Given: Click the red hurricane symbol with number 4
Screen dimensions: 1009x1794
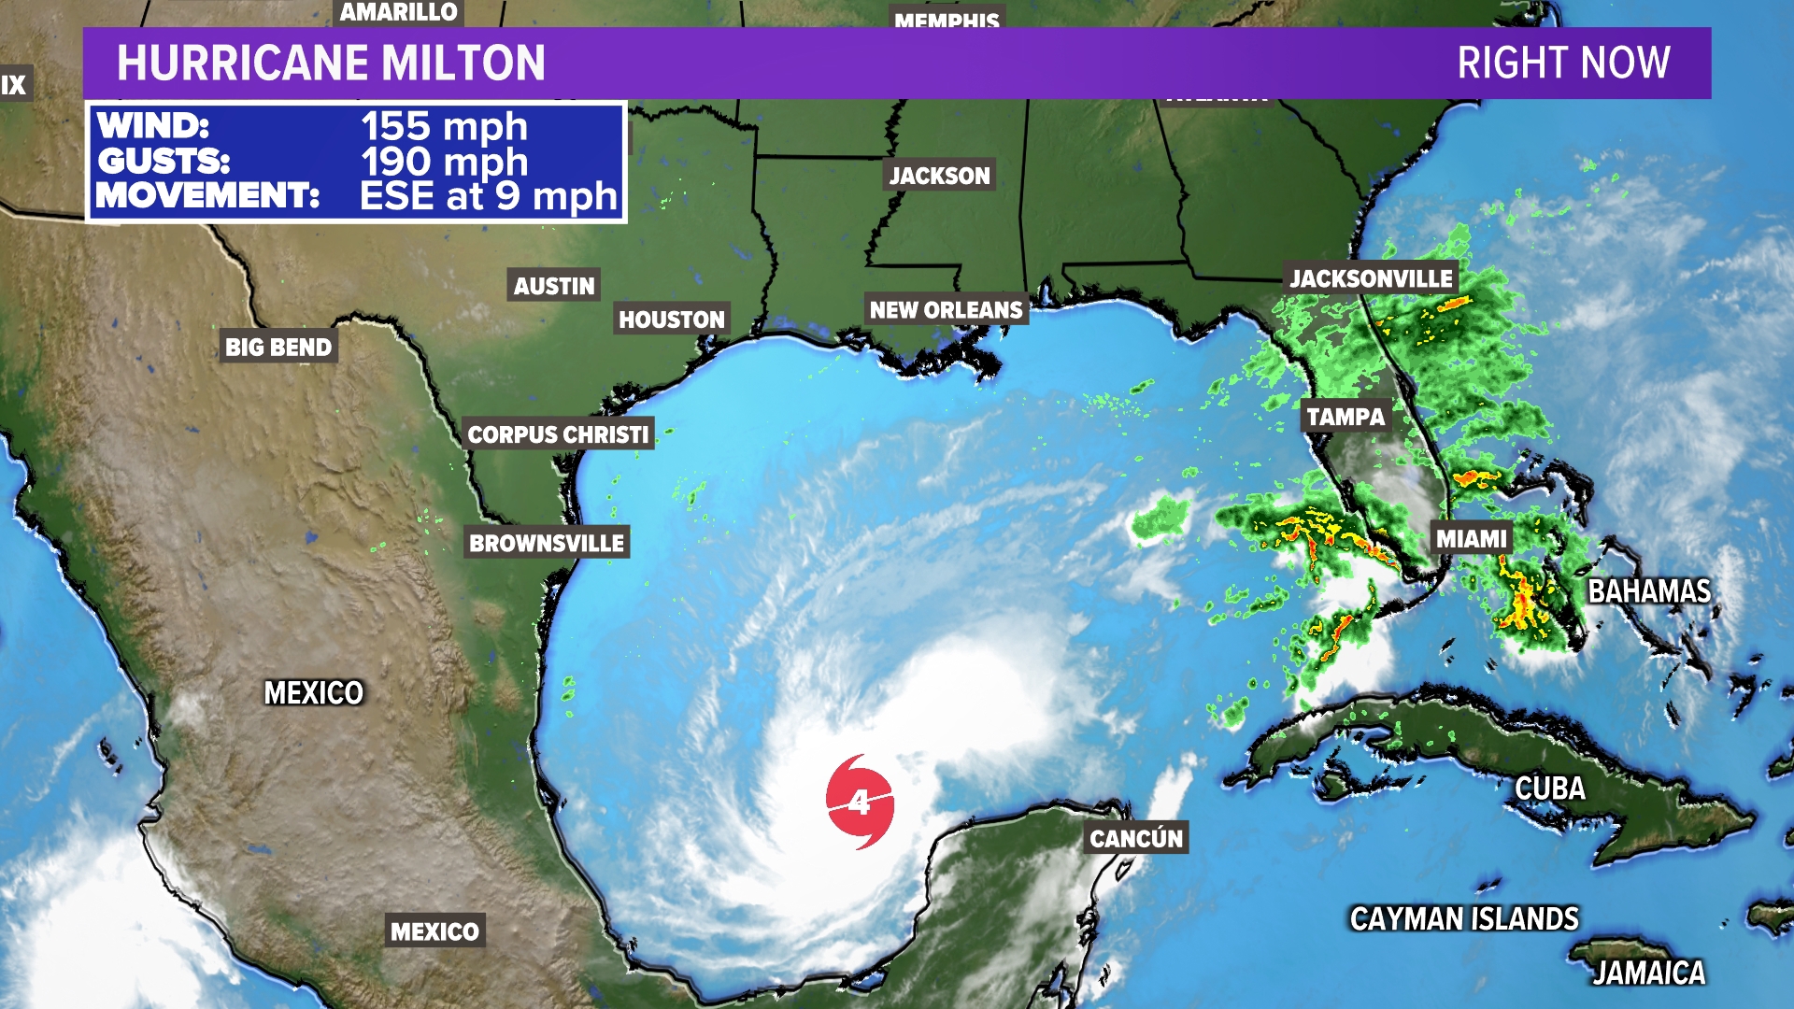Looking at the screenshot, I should [860, 802].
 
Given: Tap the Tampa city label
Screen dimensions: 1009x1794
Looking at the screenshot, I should [1345, 417].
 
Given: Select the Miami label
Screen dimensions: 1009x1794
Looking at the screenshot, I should [1472, 539].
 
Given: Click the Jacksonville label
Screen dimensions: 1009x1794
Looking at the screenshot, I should [1371, 278].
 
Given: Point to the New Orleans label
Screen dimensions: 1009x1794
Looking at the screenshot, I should [946, 310].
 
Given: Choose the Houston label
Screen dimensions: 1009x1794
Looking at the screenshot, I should [671, 320].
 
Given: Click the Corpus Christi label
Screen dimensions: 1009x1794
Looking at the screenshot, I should [558, 434].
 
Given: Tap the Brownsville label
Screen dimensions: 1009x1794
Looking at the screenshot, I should [547, 543].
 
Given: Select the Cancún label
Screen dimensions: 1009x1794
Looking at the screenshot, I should [1136, 838].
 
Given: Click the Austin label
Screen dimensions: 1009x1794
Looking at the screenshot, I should [554, 286].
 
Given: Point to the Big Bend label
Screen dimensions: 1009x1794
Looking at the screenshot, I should [278, 348].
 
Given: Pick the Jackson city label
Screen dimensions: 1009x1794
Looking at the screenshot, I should [939, 176].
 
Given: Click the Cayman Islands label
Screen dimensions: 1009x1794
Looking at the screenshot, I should [1464, 919].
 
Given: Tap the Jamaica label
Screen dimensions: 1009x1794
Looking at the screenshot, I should [1649, 973].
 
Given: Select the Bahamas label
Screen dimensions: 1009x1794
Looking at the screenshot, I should [1649, 591].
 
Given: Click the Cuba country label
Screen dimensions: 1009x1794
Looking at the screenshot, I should [1550, 789].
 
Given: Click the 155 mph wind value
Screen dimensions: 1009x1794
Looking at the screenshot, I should [444, 126].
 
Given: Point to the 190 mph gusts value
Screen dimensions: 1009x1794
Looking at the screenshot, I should [444, 162].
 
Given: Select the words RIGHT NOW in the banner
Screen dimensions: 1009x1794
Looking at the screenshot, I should [1563, 63].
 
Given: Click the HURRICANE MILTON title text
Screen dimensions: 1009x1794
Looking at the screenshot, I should [331, 63].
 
